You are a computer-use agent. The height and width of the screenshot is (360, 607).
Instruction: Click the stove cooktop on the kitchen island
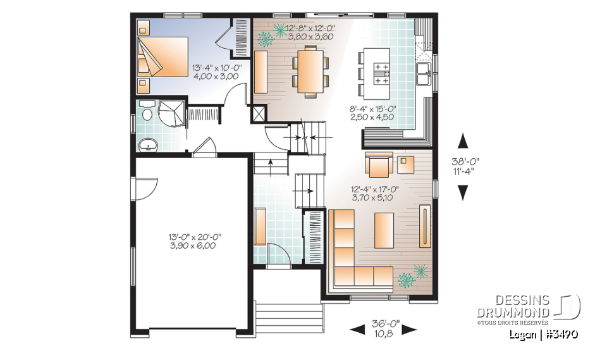click(x=381, y=73)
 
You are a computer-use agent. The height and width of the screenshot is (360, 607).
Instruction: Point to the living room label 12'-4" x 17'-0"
click(x=376, y=192)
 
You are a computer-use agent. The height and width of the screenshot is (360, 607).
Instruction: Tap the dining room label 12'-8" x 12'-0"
click(x=309, y=32)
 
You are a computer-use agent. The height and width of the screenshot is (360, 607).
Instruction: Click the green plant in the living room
click(x=414, y=274)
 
